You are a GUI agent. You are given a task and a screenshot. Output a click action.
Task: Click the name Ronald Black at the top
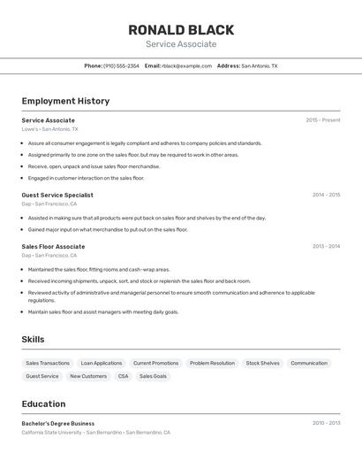pos(181,29)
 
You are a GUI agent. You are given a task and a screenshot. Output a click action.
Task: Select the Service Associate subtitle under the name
pos(181,44)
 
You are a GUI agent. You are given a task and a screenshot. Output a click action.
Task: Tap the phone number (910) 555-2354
pos(121,65)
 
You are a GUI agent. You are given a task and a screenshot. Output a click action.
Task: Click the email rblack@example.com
pos(180,65)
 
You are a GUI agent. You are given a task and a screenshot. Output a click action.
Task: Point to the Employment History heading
pos(65,101)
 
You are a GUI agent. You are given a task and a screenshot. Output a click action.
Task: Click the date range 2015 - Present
pos(323,120)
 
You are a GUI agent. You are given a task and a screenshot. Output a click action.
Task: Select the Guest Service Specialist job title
pos(57,195)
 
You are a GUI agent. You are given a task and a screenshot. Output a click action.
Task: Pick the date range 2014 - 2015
pos(326,195)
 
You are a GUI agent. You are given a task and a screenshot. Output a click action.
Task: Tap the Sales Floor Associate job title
pos(53,247)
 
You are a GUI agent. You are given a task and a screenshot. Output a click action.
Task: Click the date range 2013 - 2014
pos(326,247)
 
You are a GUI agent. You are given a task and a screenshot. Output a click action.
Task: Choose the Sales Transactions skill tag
pos(48,363)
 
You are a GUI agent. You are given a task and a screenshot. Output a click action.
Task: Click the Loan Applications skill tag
pos(102,363)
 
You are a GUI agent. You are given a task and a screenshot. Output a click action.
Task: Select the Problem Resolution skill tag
pos(212,363)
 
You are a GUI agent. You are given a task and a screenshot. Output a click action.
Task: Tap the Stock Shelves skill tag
pos(262,363)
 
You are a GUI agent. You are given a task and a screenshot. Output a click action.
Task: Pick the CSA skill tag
pos(123,376)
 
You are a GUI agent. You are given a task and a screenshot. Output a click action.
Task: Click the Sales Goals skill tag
pos(153,376)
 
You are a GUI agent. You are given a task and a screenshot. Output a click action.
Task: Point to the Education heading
pos(43,404)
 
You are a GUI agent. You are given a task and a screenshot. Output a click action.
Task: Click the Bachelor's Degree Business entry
pos(58,423)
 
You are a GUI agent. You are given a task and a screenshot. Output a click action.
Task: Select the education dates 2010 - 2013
pos(326,423)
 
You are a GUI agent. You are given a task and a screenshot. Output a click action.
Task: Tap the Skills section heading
pos(33,340)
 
